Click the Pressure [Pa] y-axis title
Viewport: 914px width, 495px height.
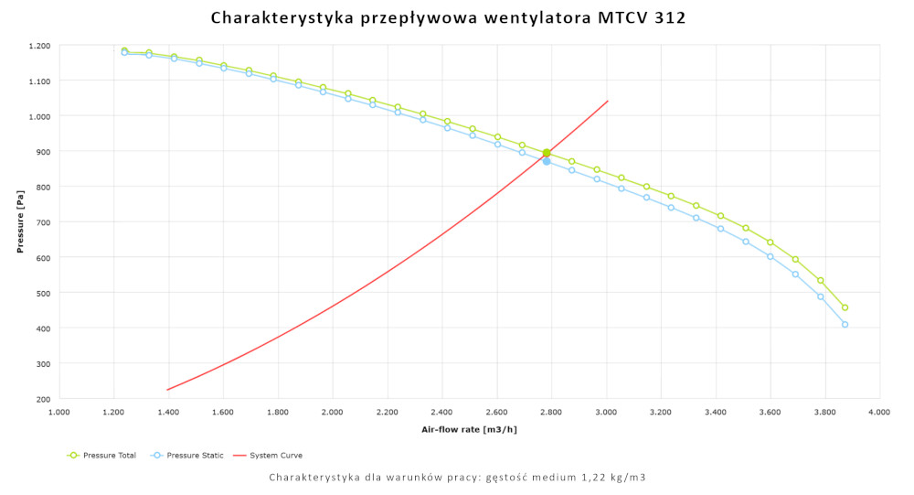pos(19,221)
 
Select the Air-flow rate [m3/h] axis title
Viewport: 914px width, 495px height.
pos(469,429)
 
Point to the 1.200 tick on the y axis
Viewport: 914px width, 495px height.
pos(39,46)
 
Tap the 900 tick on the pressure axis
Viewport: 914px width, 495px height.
pos(44,152)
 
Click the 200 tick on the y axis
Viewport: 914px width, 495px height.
pos(44,399)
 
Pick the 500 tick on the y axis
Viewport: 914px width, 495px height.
pos(44,293)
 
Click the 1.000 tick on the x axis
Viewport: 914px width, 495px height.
pos(58,413)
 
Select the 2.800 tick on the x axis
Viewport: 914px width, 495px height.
pos(551,413)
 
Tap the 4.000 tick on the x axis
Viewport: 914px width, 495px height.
pos(879,413)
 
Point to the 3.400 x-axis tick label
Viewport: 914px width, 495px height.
pos(715,413)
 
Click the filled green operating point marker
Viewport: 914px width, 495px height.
pos(547,153)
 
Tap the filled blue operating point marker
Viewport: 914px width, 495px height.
pos(547,161)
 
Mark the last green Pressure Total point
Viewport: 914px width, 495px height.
pos(845,307)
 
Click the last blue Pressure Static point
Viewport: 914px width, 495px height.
pos(845,325)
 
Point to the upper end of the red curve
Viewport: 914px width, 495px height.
pos(608,101)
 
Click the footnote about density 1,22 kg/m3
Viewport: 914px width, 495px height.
pos(457,478)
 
